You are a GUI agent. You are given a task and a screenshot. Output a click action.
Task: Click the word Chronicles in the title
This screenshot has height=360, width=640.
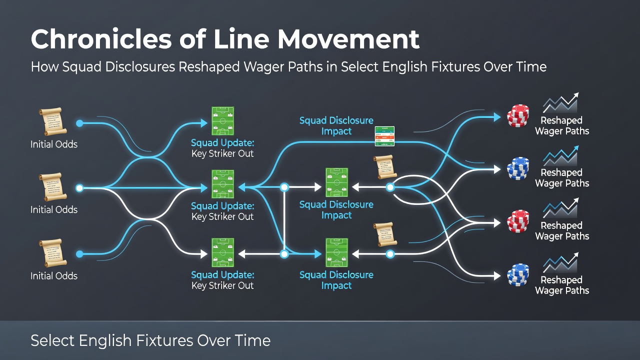pyautogui.click(x=101, y=39)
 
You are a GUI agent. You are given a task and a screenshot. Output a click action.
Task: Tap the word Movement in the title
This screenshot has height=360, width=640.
pyautogui.click(x=348, y=39)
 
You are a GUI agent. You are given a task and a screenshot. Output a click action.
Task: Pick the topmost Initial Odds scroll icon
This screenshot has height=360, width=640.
pyautogui.click(x=52, y=121)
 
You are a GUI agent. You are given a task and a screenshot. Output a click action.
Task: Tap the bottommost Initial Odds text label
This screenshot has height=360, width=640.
pyautogui.click(x=54, y=276)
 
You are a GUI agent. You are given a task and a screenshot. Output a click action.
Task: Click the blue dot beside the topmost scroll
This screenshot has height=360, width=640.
pyautogui.click(x=79, y=123)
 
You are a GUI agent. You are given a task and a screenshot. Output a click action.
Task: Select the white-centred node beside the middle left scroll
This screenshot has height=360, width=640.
pyautogui.click(x=79, y=188)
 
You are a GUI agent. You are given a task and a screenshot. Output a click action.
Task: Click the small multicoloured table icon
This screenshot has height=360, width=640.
pyautogui.click(x=384, y=136)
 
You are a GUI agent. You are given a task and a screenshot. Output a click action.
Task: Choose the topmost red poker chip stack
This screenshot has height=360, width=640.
pyautogui.click(x=517, y=115)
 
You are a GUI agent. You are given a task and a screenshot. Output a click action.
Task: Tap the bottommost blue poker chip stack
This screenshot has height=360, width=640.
pyautogui.click(x=517, y=275)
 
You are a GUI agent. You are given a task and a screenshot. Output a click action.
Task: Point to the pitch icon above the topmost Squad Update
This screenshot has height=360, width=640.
pyautogui.click(x=222, y=121)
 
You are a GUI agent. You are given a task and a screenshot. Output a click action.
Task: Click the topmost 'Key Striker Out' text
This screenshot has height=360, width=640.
pyautogui.click(x=222, y=153)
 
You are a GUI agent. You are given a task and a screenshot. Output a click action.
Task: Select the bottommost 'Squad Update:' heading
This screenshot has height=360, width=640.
pyautogui.click(x=222, y=275)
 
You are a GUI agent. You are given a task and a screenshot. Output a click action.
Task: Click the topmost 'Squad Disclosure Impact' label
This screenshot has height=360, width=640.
pyautogui.click(x=336, y=125)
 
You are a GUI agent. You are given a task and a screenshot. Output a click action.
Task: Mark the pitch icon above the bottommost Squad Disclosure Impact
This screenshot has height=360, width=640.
pyautogui.click(x=337, y=253)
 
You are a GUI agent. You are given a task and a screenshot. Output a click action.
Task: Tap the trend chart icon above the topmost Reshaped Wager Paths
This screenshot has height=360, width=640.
pyautogui.click(x=560, y=102)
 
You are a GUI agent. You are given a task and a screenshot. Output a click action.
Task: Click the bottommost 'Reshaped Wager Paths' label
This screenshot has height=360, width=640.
pyautogui.click(x=562, y=285)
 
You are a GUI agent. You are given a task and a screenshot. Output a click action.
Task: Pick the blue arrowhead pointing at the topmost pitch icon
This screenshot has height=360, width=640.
pyautogui.click(x=204, y=123)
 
